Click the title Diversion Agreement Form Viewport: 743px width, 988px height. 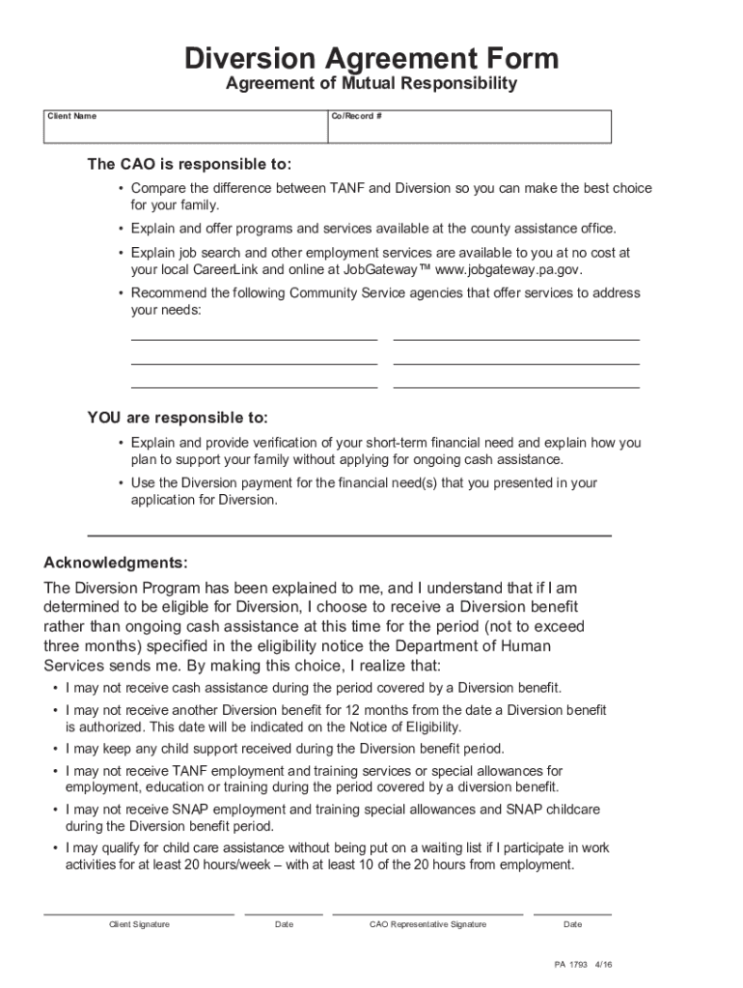click(371, 59)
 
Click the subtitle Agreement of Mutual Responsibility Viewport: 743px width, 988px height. click(371, 84)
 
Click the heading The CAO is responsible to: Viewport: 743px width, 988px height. click(189, 164)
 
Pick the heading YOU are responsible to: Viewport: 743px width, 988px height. click(178, 418)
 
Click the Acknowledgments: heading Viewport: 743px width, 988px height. click(116, 563)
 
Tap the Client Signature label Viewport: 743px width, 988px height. click(139, 924)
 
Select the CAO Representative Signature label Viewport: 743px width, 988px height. click(427, 924)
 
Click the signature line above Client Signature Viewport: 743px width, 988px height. click(139, 914)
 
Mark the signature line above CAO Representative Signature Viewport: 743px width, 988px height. click(427, 914)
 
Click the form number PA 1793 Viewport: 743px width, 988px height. click(569, 964)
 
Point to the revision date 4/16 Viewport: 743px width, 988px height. click(605, 964)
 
